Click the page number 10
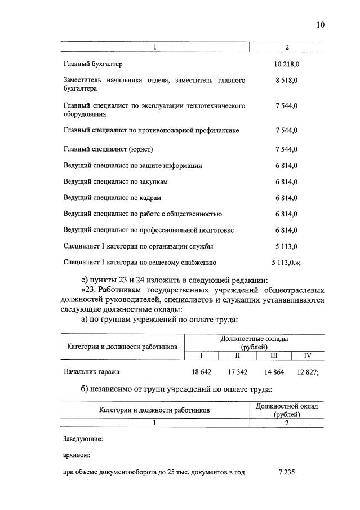click(321, 25)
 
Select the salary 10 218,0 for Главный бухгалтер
click(286, 65)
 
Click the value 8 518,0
click(286, 81)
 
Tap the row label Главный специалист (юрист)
click(108, 149)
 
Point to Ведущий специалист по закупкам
click(116, 182)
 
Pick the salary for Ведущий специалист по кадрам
click(286, 198)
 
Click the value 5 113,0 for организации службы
click(286, 246)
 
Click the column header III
click(274, 356)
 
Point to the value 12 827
click(308, 372)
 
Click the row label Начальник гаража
click(91, 372)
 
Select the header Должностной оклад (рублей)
click(287, 410)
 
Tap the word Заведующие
click(83, 438)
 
